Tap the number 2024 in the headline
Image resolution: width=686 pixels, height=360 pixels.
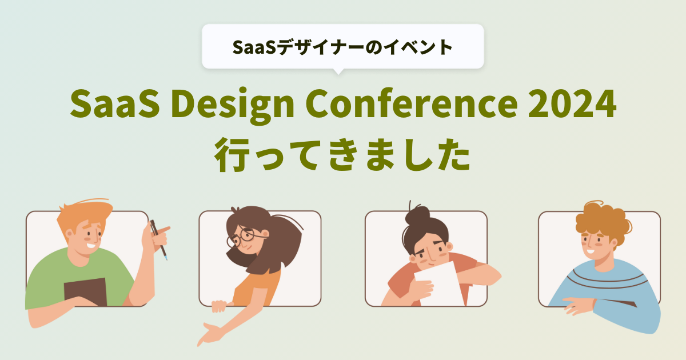[x=572, y=103]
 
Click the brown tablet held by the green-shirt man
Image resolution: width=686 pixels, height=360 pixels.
[x=85, y=292]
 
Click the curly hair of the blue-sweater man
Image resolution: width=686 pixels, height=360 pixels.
[x=602, y=221]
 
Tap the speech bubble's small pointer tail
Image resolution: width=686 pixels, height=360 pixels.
[x=338, y=71]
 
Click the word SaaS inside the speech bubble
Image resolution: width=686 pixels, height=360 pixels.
[x=254, y=47]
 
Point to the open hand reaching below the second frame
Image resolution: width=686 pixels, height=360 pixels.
[x=211, y=334]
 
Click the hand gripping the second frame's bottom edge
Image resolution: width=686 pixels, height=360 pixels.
[x=220, y=306]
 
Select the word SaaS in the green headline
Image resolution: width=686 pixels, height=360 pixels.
[x=115, y=103]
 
